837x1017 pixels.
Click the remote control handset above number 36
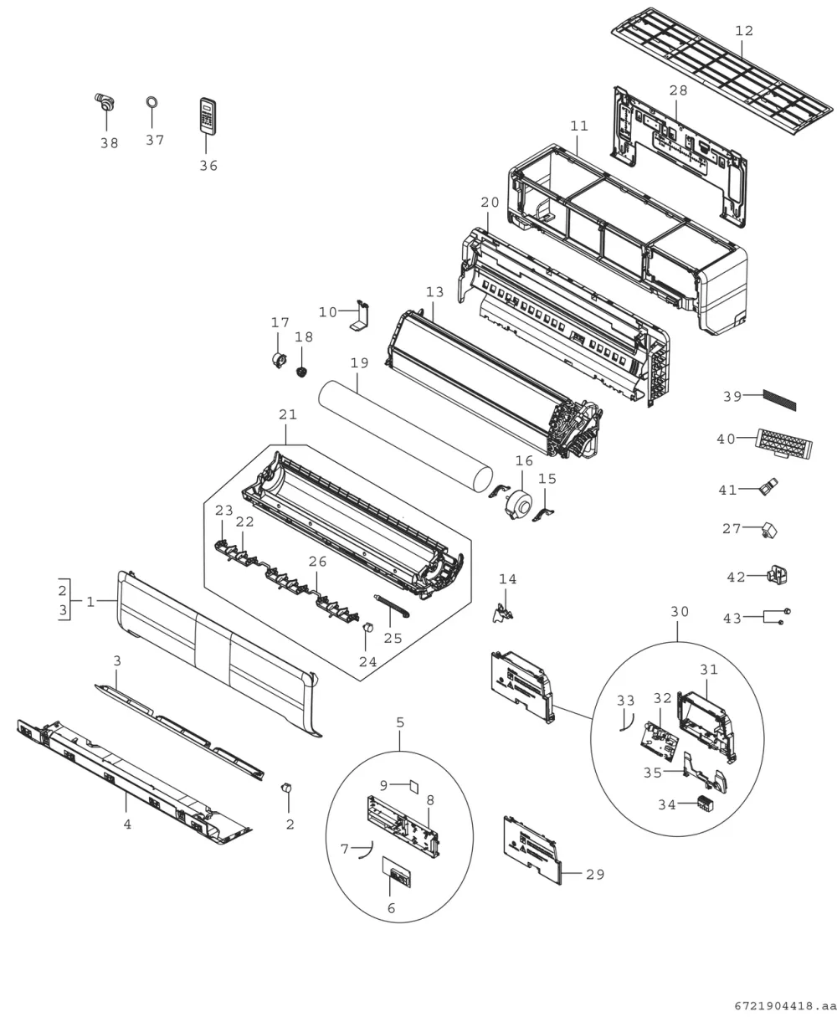pyautogui.click(x=208, y=116)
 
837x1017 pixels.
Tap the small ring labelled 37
pyautogui.click(x=151, y=102)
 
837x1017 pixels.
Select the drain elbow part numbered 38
pyautogui.click(x=105, y=102)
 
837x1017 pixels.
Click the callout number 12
pyautogui.click(x=744, y=31)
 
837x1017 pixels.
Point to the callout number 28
pyautogui.click(x=678, y=90)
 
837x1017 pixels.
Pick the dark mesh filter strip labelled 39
pyautogui.click(x=779, y=400)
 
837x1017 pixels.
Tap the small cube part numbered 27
pyautogui.click(x=769, y=531)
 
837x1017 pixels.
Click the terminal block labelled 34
pyautogui.click(x=705, y=804)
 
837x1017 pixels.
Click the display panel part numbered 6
pyautogui.click(x=397, y=871)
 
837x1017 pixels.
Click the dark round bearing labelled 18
pyautogui.click(x=302, y=372)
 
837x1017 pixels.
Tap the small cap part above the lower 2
pyautogui.click(x=286, y=788)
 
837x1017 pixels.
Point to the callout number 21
pyautogui.click(x=288, y=414)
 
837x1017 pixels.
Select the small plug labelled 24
pyautogui.click(x=368, y=627)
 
